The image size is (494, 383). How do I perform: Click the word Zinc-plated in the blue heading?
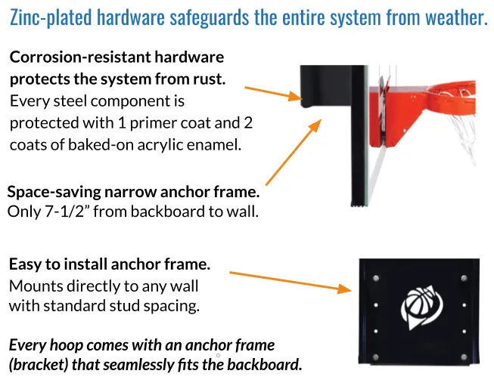pyautogui.click(x=51, y=17)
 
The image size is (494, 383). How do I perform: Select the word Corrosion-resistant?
pyautogui.click(x=80, y=57)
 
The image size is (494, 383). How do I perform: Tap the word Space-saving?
pyautogui.click(x=54, y=192)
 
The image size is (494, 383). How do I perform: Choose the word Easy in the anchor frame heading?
pyautogui.click(x=25, y=264)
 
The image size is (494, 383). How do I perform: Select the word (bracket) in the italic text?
pyautogui.click(x=39, y=365)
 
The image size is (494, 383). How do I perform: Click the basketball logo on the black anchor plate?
pyautogui.click(x=421, y=307)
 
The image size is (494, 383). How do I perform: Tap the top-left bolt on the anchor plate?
pyautogui.click(x=376, y=278)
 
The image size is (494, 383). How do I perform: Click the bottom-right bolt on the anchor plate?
pyautogui.click(x=464, y=357)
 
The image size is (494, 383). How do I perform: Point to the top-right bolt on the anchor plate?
pyautogui.click(x=464, y=278)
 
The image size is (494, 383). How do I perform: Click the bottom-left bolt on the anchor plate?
pyautogui.click(x=376, y=357)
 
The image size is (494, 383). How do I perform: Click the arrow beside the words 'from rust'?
pyautogui.click(x=273, y=94)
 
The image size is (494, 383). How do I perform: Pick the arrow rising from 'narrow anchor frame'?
pyautogui.click(x=294, y=153)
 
